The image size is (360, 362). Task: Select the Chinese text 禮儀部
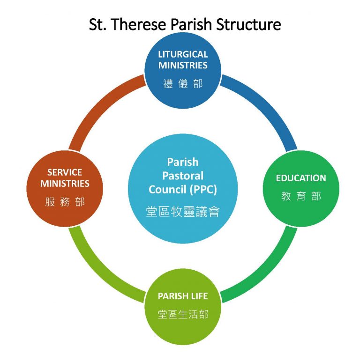(x=183, y=84)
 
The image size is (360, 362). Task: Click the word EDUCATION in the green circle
(x=300, y=178)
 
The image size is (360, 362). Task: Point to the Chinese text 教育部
(x=301, y=197)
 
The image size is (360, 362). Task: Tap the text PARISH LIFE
(x=182, y=296)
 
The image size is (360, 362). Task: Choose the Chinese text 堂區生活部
(x=183, y=314)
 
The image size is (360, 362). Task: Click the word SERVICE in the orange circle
(x=65, y=172)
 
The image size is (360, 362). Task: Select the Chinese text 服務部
(x=65, y=202)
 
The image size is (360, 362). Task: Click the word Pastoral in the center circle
(x=183, y=176)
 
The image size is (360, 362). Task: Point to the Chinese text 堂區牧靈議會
(x=183, y=211)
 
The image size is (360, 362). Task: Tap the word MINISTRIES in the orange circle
(x=65, y=184)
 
